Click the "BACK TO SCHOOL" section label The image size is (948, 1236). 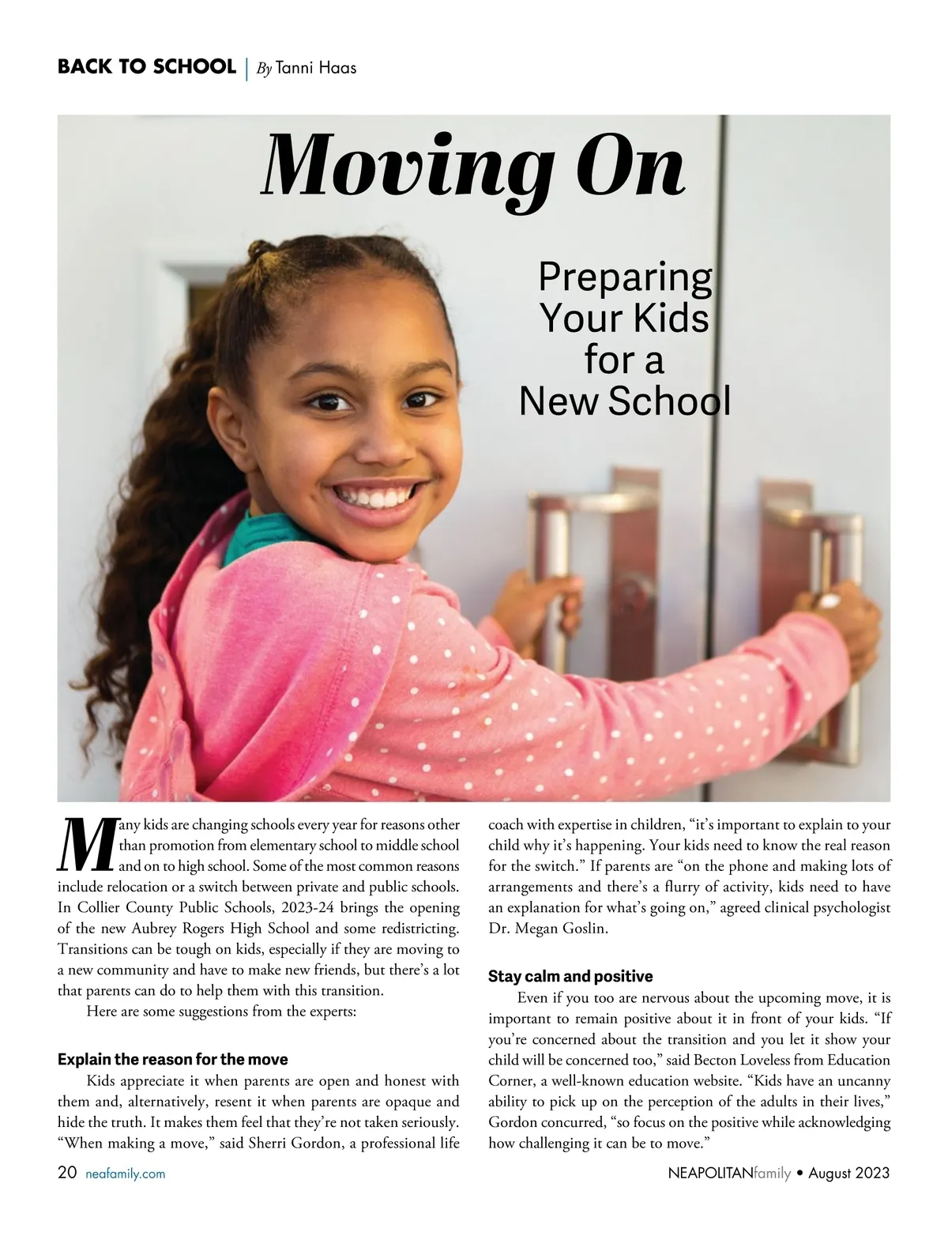[x=146, y=67]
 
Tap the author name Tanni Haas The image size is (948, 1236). [x=316, y=68]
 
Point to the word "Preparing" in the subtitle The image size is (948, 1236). [x=625, y=277]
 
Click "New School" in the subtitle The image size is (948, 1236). [x=625, y=401]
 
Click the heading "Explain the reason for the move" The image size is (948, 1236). [x=172, y=1059]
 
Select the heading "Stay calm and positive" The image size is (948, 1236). [x=570, y=976]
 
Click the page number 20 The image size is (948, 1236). [x=67, y=1174]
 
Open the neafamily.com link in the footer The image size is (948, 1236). [x=125, y=1174]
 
